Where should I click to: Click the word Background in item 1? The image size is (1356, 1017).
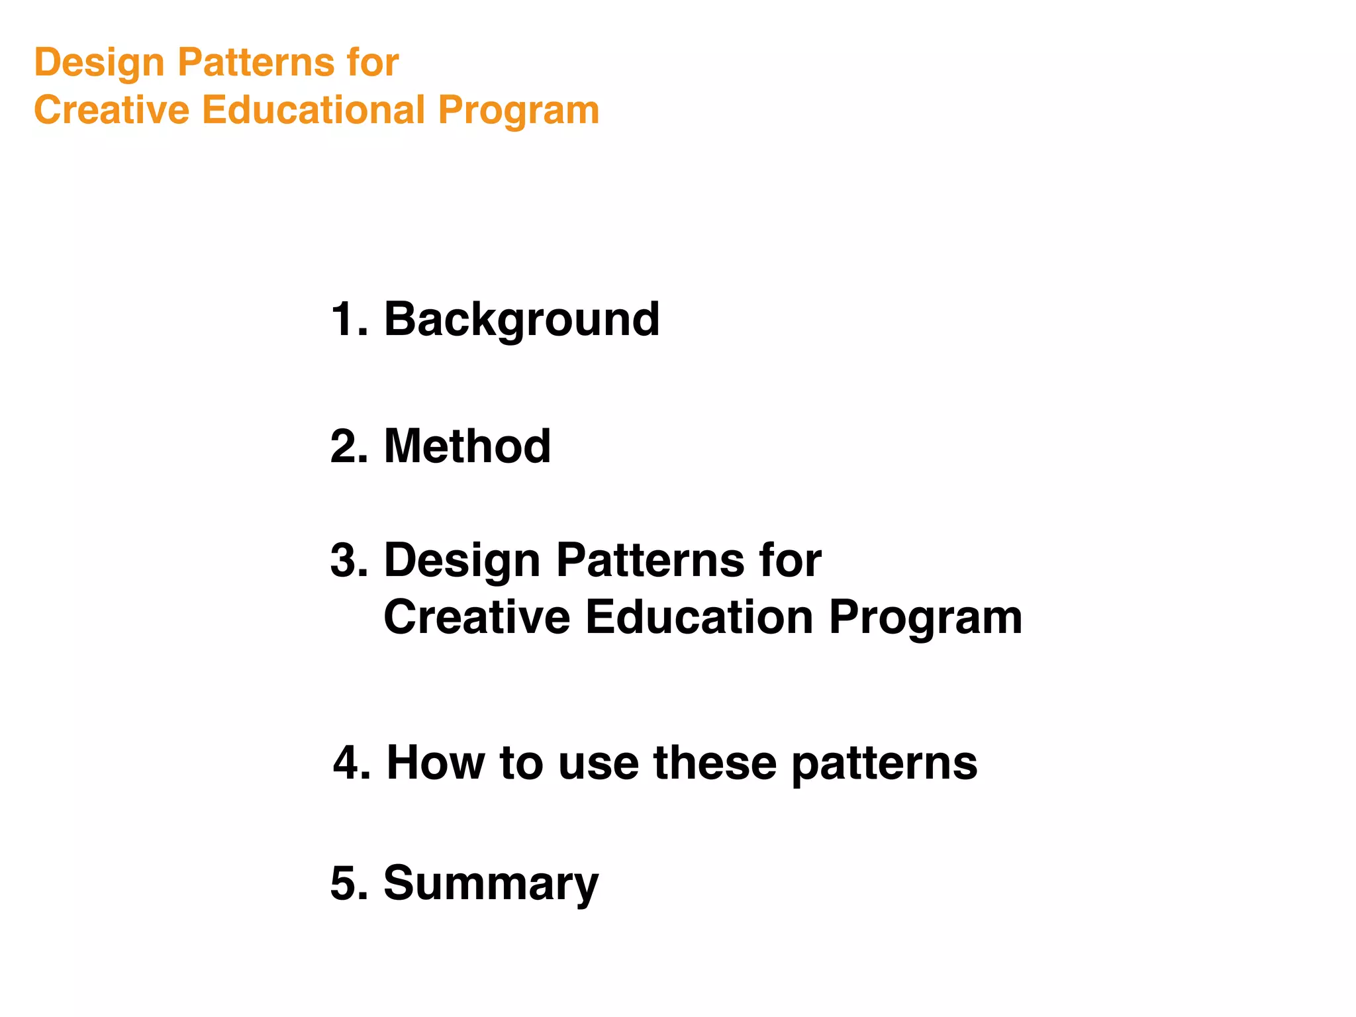click(521, 320)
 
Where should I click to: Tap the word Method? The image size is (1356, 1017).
click(467, 446)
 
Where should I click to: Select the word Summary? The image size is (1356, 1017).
click(491, 883)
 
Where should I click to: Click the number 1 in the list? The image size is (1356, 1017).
click(343, 320)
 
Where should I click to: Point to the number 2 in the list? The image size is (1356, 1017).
click(343, 446)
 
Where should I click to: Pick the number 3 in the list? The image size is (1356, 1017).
click(343, 561)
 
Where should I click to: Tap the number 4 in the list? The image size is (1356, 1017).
click(346, 763)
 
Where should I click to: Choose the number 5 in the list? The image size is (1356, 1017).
click(343, 883)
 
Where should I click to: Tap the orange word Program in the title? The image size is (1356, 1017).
click(518, 111)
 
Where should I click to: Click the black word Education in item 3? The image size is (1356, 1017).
click(699, 617)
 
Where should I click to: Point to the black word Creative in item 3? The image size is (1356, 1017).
click(477, 617)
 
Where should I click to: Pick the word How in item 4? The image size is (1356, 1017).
click(436, 763)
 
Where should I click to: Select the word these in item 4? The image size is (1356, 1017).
click(714, 763)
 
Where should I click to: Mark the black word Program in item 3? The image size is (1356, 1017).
click(925, 618)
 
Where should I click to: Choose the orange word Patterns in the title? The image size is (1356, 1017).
click(256, 64)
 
